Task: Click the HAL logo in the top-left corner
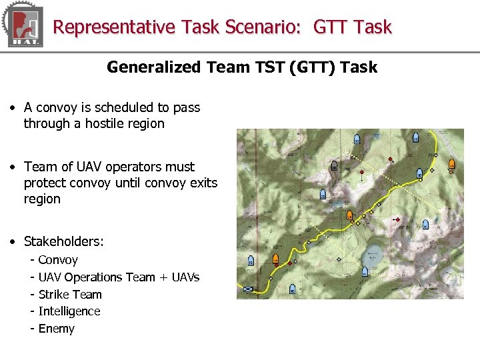[x=23, y=26]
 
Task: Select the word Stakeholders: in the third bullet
[x=64, y=241]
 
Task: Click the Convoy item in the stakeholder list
[x=58, y=260]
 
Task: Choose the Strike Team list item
[x=70, y=295]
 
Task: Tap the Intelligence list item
[x=69, y=311]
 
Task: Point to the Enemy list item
[x=57, y=329]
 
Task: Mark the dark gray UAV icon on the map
[x=334, y=167]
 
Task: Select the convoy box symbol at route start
[x=249, y=289]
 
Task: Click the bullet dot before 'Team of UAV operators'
[x=14, y=167]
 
